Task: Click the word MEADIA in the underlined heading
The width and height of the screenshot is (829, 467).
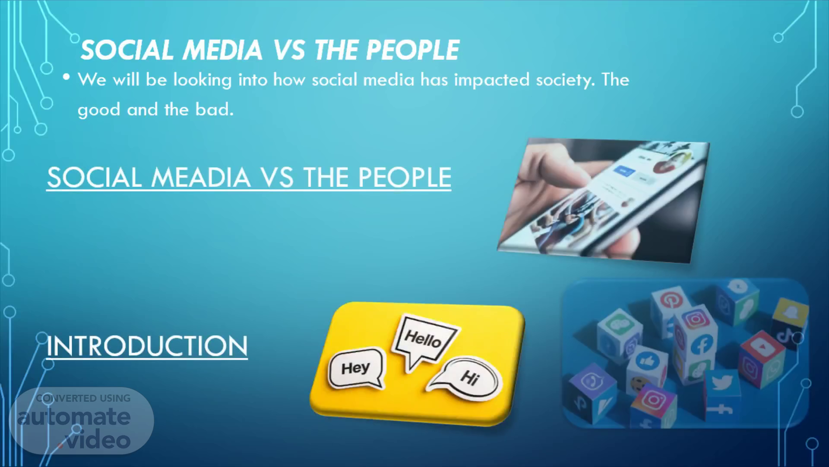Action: (201, 177)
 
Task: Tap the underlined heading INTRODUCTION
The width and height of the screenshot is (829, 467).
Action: (147, 346)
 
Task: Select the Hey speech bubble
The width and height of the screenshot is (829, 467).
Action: (356, 368)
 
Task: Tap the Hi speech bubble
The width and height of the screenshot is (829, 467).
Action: (466, 377)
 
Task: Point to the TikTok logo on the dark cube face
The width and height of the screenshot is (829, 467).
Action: (787, 336)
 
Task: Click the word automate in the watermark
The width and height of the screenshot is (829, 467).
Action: (74, 417)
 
